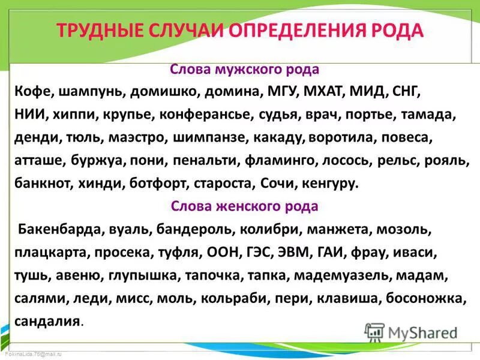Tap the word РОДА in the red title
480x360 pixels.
tap(396, 31)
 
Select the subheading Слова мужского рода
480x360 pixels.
tap(244, 70)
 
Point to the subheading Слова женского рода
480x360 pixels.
tap(244, 206)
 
